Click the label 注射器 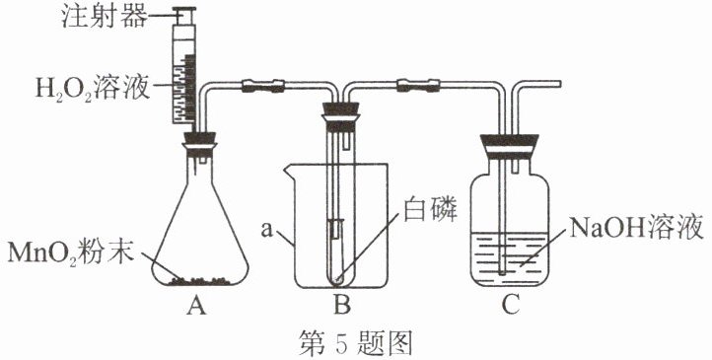pos(105,17)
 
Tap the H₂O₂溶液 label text pos(93,88)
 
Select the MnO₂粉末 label pos(71,252)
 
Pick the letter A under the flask pos(196,307)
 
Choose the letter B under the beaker pos(341,307)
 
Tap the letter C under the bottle pos(511,307)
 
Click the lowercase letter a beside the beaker pos(267,230)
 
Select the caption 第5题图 pos(356,343)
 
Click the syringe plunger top pos(184,10)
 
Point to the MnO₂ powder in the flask pos(199,280)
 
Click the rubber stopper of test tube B pos(340,117)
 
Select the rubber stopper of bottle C pos(510,146)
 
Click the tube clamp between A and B pos(263,86)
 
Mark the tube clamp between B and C pos(418,85)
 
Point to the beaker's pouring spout pos(289,170)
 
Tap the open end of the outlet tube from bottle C pos(560,84)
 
